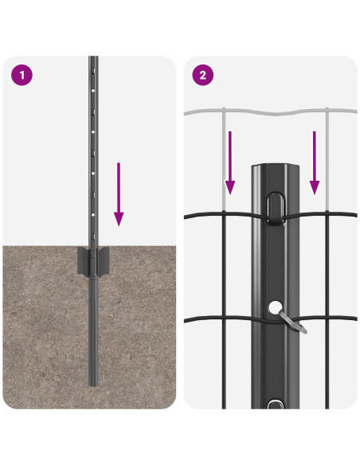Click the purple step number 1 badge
pyautogui.click(x=22, y=75)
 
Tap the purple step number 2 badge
pyautogui.click(x=203, y=75)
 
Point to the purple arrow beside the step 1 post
pyautogui.click(x=119, y=194)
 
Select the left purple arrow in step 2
pyautogui.click(x=230, y=162)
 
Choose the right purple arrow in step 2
pyautogui.click(x=315, y=162)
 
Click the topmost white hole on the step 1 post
pyautogui.click(x=93, y=89)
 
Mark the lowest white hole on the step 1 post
pyautogui.click(x=93, y=214)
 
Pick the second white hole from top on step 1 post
pyautogui.click(x=93, y=131)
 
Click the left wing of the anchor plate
pyautogui.click(x=83, y=261)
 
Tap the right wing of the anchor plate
pyautogui.click(x=104, y=261)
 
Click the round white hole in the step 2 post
pyautogui.click(x=276, y=307)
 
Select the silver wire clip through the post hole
pyautogui.click(x=292, y=322)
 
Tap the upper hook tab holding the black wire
pyautogui.click(x=276, y=208)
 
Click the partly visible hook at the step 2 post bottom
pyautogui.click(x=276, y=404)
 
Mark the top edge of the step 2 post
pyautogui.click(x=276, y=165)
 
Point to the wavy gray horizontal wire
pyautogui.click(x=271, y=112)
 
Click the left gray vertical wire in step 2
pyautogui.click(x=224, y=159)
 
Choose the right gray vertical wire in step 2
pyautogui.click(x=327, y=159)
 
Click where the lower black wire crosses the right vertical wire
pyautogui.click(x=327, y=318)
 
